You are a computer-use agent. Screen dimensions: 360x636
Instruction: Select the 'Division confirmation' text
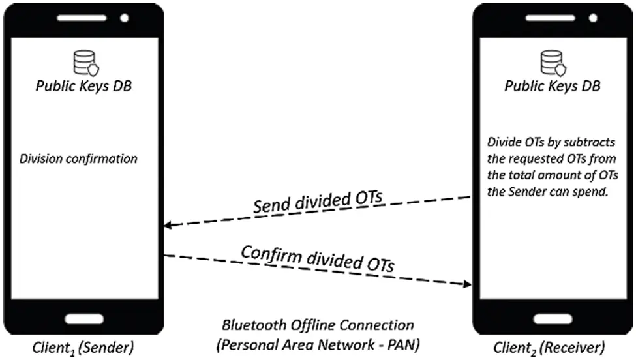tap(78, 158)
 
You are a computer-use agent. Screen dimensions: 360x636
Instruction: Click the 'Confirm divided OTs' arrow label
tap(318, 258)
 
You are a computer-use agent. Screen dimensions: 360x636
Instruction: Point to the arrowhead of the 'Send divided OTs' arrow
tap(167, 226)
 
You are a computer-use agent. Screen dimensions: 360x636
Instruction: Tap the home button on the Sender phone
tap(83, 320)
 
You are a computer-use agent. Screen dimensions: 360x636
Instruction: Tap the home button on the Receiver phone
tap(553, 320)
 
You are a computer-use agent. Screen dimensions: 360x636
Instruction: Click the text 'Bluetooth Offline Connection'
tap(318, 324)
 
